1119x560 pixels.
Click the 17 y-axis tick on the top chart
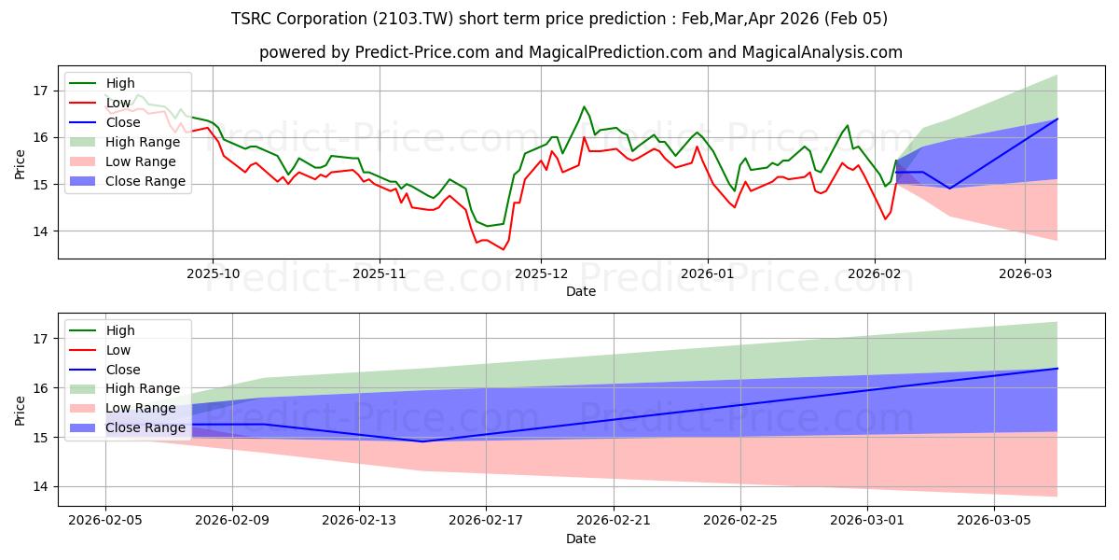(40, 91)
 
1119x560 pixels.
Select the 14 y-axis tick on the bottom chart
(40, 486)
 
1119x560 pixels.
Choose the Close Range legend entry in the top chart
(145, 181)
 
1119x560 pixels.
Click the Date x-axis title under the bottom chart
(580, 539)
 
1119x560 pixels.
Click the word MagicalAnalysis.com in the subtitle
(822, 52)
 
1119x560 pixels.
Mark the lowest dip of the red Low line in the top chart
(504, 250)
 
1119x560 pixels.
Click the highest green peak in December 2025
(584, 106)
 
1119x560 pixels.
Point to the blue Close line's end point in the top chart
(1057, 119)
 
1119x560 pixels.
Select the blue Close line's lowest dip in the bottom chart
(422, 441)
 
